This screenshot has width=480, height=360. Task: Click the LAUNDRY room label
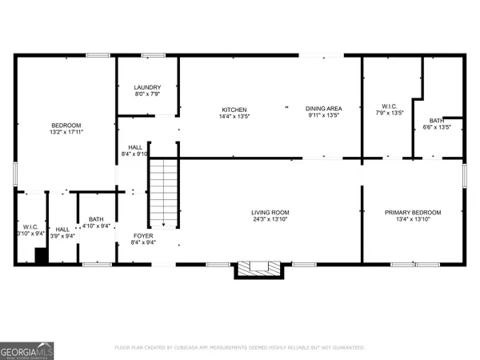147,88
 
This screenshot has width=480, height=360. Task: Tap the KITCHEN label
234,110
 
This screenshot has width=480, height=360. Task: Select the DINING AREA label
323,110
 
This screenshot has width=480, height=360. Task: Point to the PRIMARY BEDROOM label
412,212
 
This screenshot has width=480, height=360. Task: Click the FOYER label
142,235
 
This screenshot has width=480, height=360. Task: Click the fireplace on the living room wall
258,269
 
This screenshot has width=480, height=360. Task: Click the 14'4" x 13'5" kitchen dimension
234,117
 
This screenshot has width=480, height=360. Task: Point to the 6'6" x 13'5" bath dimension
436,127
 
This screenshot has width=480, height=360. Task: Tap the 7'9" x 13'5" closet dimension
390,113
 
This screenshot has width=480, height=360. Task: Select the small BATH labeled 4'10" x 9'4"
96,220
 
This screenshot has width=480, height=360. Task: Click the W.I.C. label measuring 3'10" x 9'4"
30,228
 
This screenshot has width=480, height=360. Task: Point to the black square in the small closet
40,255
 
